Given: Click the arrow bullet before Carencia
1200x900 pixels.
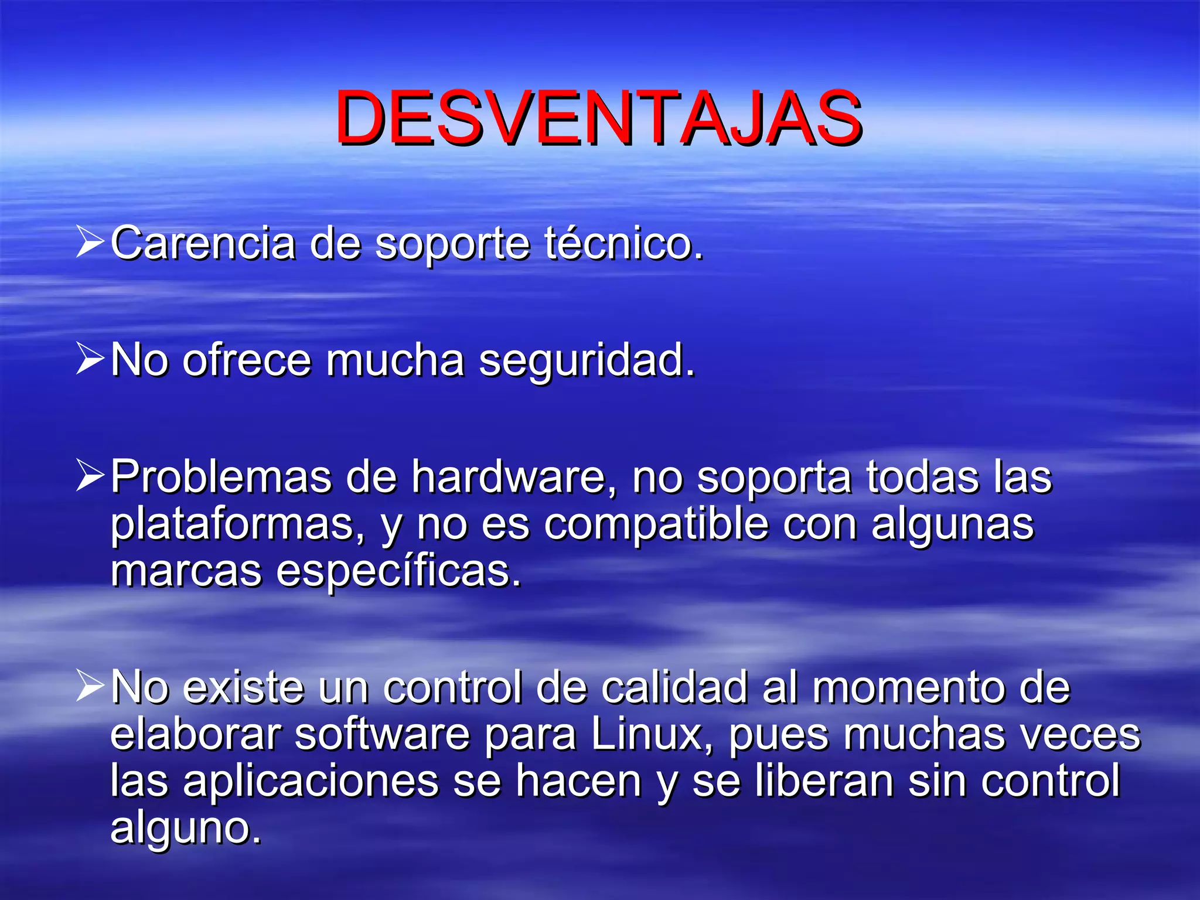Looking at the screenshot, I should tap(90, 242).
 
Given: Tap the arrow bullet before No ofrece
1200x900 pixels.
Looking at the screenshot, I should tap(90, 359).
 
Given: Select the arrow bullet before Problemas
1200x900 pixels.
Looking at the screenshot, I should tap(90, 476).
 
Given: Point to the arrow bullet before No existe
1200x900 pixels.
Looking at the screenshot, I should tap(90, 686).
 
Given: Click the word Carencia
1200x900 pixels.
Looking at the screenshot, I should tap(203, 243).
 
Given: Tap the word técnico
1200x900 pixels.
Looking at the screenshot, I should tap(623, 243).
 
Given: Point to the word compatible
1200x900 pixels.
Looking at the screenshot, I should tap(656, 525).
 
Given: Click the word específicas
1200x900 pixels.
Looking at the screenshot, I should tap(398, 571).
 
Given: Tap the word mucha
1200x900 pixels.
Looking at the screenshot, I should tap(396, 360).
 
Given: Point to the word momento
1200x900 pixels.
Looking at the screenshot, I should tap(908, 688).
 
